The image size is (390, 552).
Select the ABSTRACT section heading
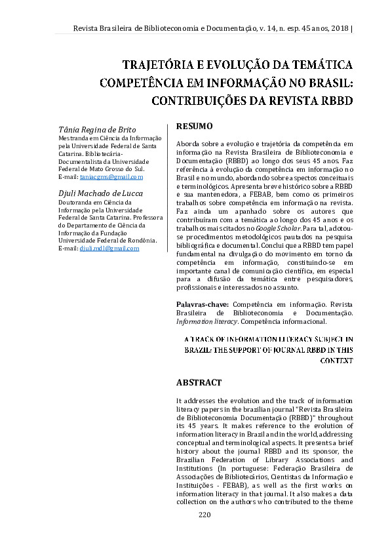(199, 382)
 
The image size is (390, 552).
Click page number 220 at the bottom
(205, 515)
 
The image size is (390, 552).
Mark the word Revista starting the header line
(85, 28)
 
